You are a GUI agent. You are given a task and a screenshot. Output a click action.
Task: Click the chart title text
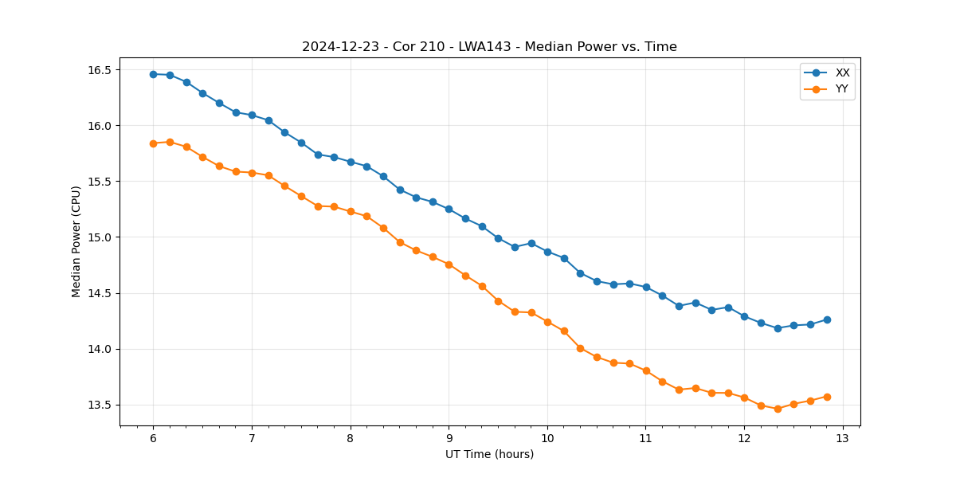pyautogui.click(x=489, y=47)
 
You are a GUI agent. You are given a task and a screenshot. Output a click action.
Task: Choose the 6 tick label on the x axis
pyautogui.click(x=153, y=439)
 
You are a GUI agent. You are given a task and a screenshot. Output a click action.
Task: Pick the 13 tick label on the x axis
pyautogui.click(x=843, y=439)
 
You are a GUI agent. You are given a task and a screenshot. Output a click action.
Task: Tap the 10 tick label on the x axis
pyautogui.click(x=547, y=439)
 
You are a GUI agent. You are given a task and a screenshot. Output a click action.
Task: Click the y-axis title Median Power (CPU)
pyautogui.click(x=76, y=241)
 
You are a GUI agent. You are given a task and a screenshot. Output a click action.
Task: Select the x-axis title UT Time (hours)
pyautogui.click(x=489, y=455)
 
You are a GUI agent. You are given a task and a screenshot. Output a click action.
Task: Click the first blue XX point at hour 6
pyautogui.click(x=153, y=74)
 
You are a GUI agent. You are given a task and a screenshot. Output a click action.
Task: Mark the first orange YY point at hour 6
pyautogui.click(x=153, y=143)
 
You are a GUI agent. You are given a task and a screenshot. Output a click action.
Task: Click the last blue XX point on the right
pyautogui.click(x=827, y=319)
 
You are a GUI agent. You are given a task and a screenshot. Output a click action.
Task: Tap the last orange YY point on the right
pyautogui.click(x=827, y=397)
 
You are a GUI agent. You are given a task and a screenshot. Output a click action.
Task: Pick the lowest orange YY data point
pyautogui.click(x=778, y=409)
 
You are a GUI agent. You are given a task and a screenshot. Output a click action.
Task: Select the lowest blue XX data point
pyautogui.click(x=778, y=328)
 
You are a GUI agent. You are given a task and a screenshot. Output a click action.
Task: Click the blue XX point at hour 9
pyautogui.click(x=449, y=209)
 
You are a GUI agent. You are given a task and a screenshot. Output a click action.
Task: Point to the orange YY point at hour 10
pyautogui.click(x=547, y=322)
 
